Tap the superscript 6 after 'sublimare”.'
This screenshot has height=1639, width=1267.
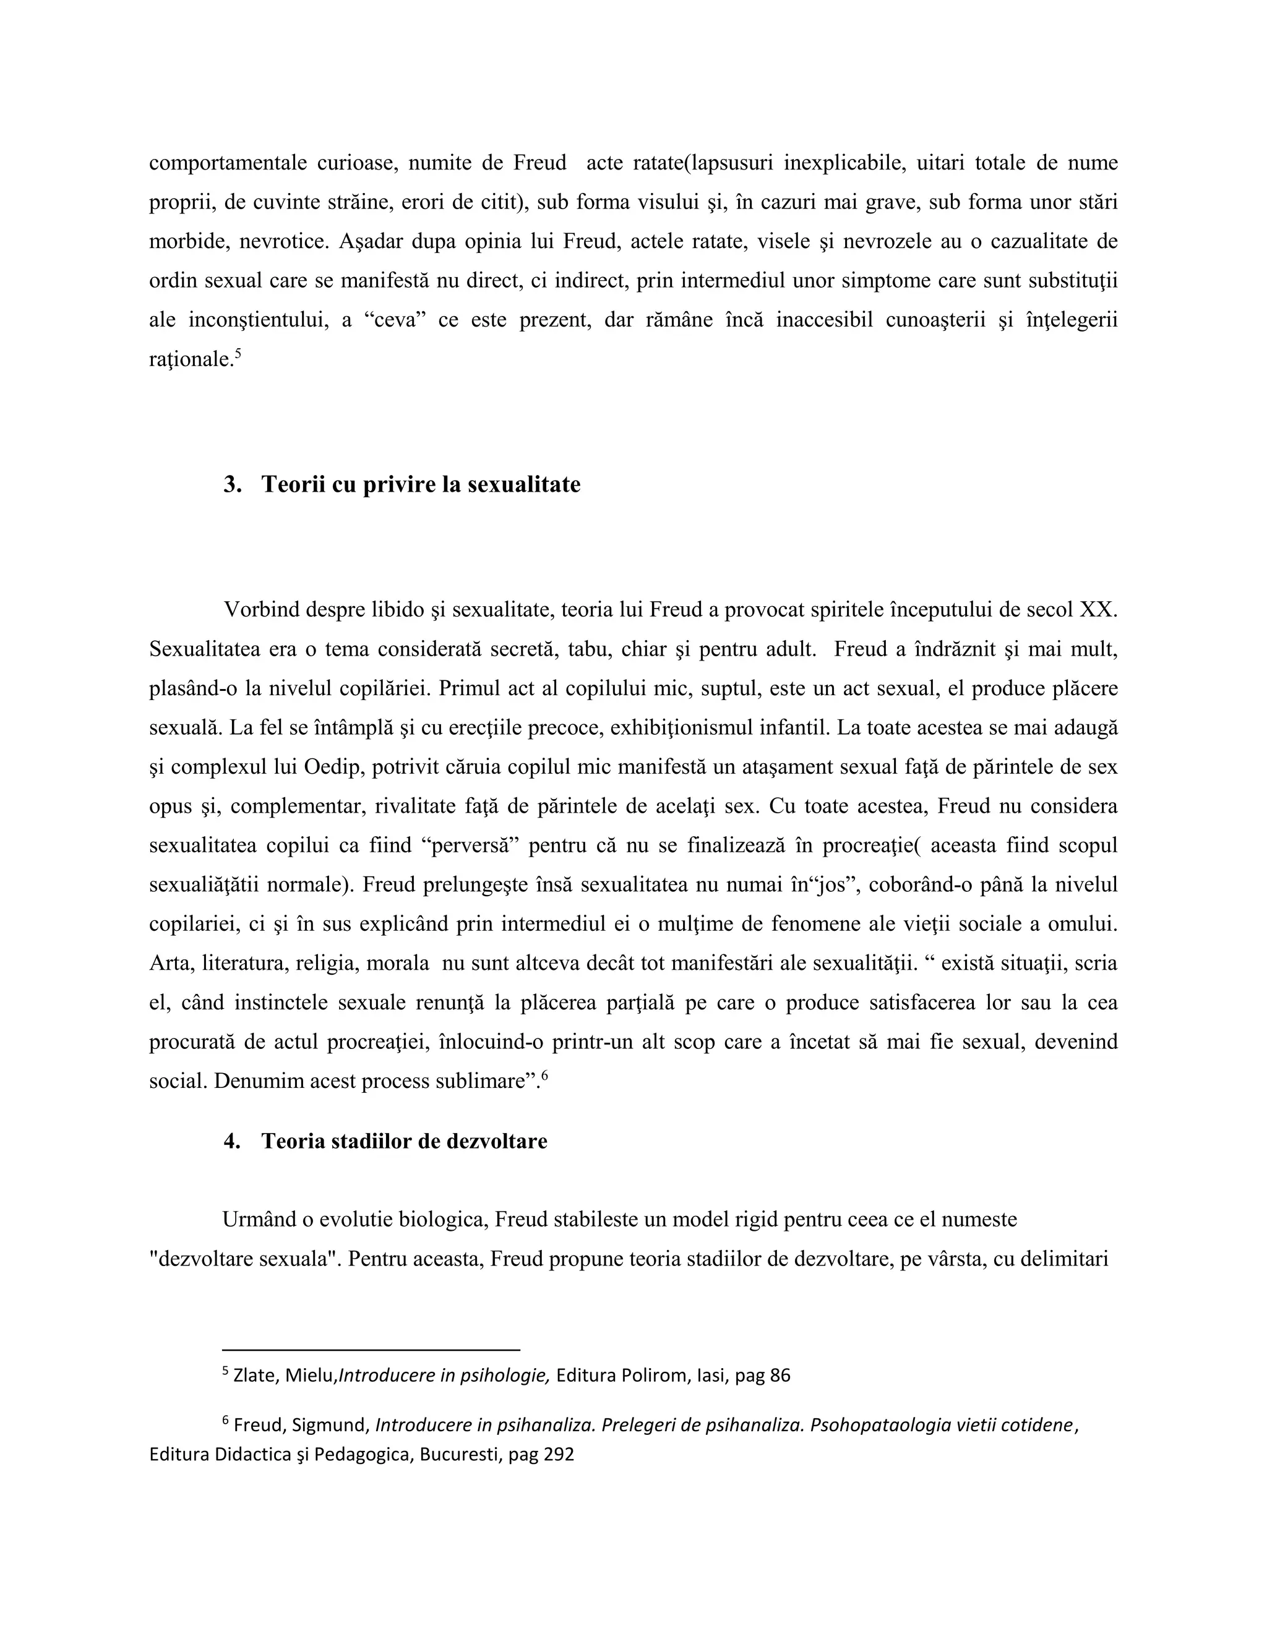545,1076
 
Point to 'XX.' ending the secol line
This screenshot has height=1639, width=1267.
1098,609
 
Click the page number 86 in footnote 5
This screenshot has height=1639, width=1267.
780,1376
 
